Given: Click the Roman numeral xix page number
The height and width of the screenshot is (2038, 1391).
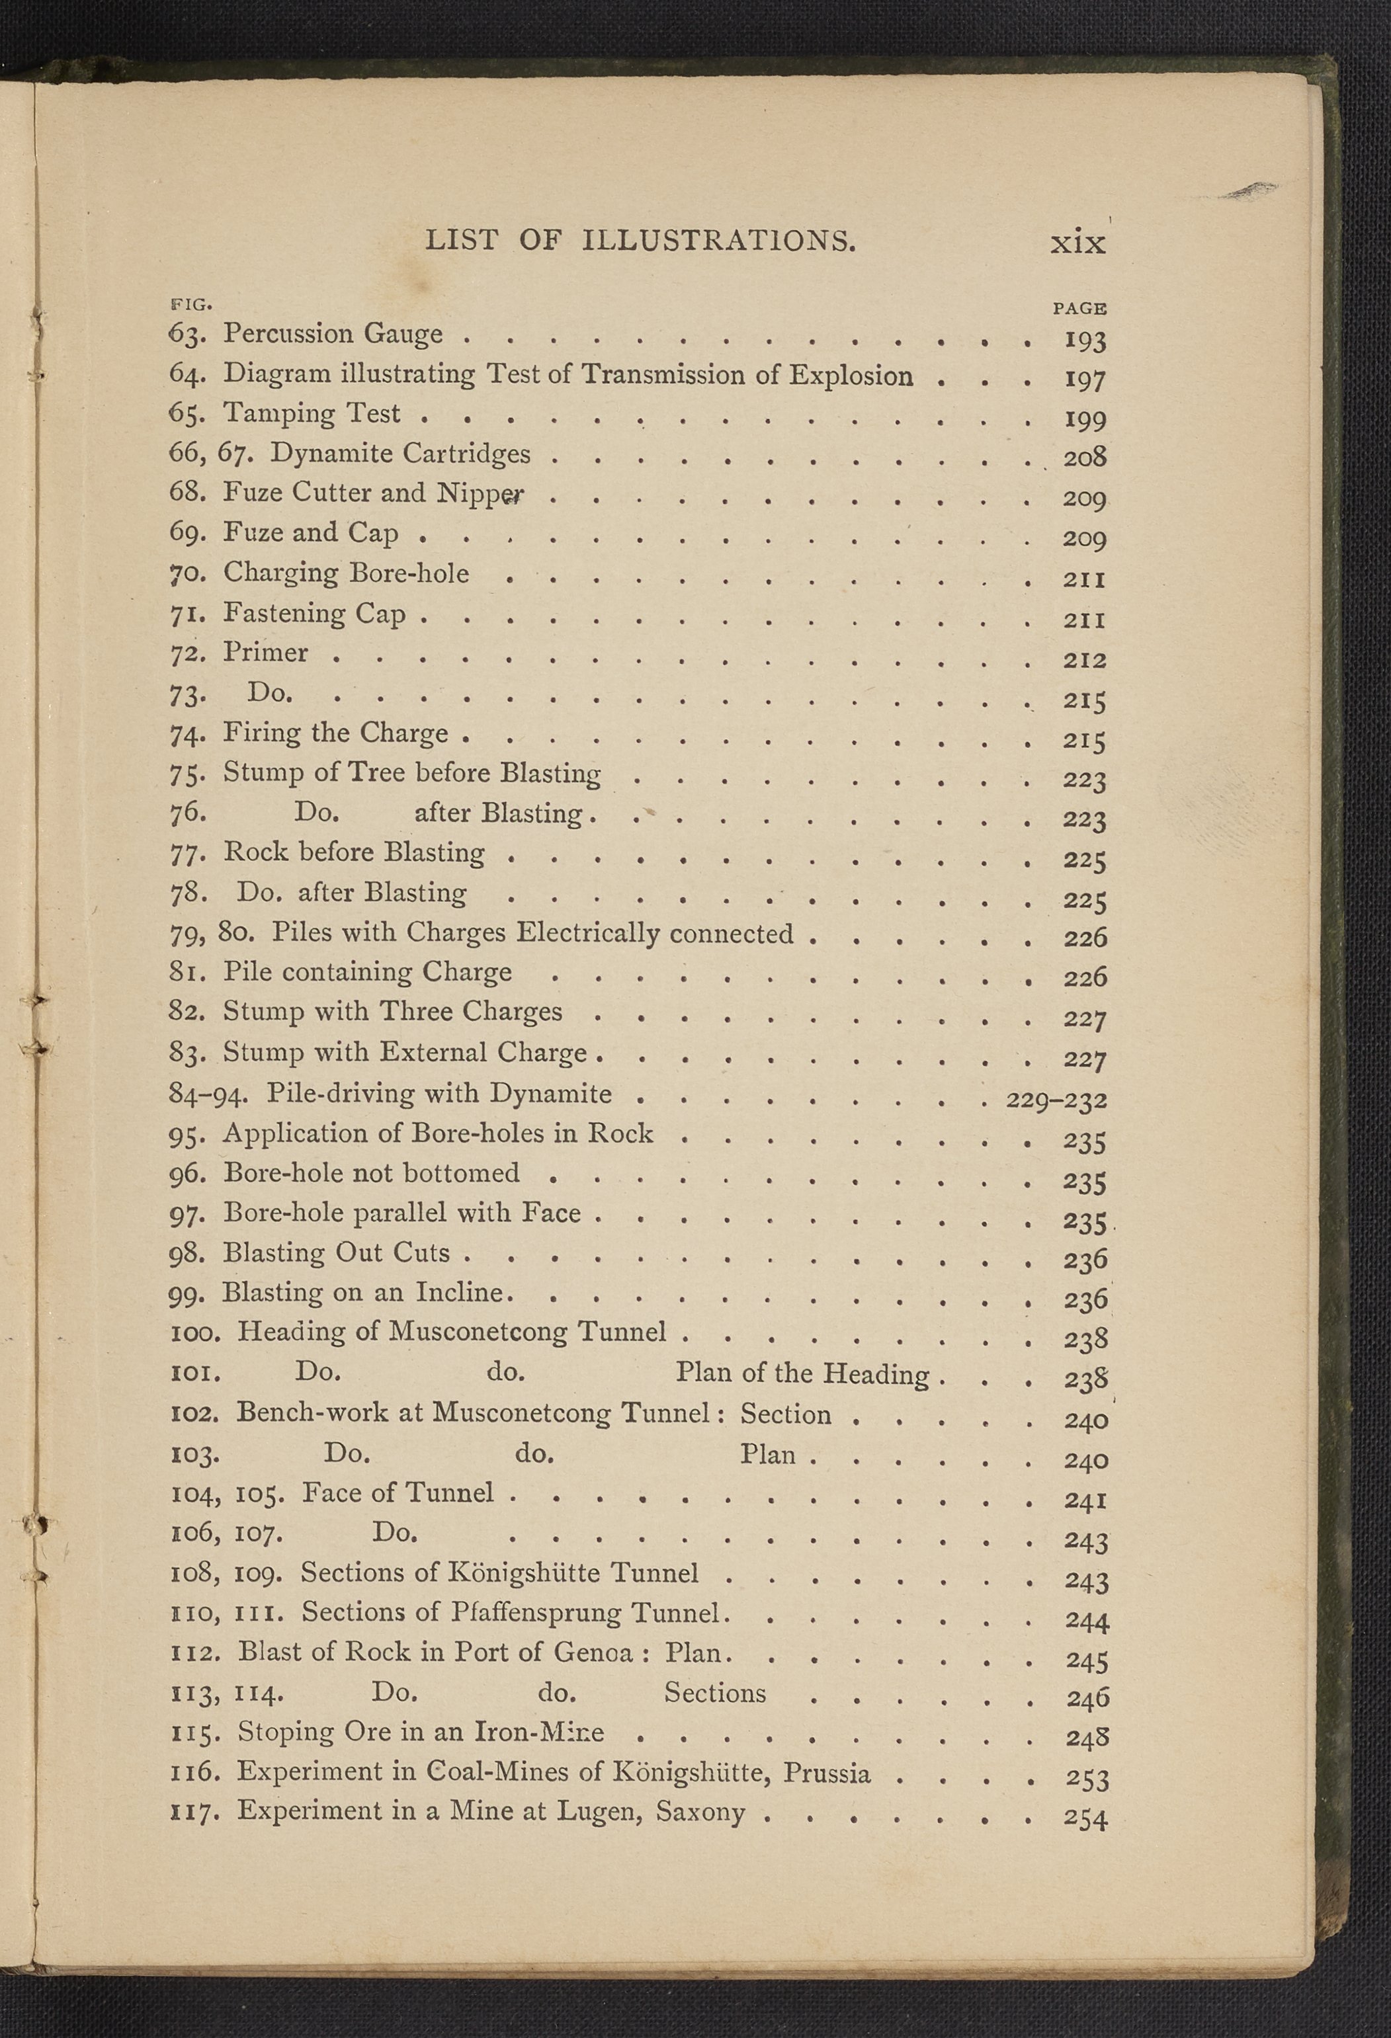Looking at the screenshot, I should click(x=1078, y=242).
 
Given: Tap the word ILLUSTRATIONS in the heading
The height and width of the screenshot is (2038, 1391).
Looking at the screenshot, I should click(x=718, y=240).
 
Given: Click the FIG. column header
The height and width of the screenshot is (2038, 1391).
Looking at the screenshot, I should click(x=190, y=304).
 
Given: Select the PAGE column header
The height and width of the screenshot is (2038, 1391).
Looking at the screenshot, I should click(x=1079, y=307).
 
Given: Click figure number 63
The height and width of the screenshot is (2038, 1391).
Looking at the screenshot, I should click(x=186, y=334).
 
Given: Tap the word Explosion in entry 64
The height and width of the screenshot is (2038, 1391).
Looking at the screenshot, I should click(x=851, y=376).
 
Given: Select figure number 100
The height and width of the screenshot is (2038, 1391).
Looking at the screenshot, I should click(x=194, y=1333).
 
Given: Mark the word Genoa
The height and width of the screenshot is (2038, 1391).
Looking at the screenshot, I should click(x=593, y=1652).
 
